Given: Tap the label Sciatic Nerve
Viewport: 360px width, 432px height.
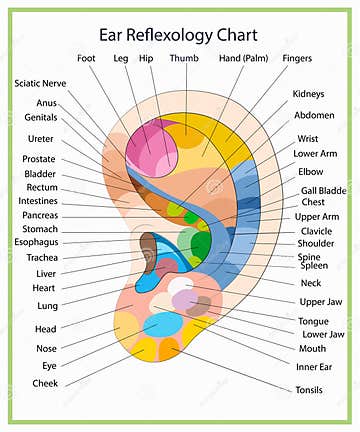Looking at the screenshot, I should coord(40,83).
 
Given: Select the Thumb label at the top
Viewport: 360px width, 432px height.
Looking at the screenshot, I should coord(183,58).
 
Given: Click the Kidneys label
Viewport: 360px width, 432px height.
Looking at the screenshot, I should coord(308,94).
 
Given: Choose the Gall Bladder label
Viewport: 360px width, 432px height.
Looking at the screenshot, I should coord(322,190).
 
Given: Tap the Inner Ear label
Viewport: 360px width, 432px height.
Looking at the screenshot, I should coord(314,366).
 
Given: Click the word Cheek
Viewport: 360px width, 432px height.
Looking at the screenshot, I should coord(44,383).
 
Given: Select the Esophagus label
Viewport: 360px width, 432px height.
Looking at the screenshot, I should coord(36,242).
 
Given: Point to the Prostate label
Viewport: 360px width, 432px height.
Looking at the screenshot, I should coord(39,159).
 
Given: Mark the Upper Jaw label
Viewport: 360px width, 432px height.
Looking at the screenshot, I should coord(320,301).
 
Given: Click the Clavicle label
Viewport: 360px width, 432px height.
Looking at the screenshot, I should coord(317,230).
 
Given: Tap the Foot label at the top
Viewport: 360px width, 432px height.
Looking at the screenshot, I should coord(87,58).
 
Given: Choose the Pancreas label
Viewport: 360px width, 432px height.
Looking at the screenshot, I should coord(39,215).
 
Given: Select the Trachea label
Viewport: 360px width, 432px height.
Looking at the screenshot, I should coord(41,257).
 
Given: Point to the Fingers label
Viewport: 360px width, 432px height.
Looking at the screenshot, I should coord(297,58).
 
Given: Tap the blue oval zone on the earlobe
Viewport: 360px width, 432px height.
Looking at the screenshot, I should coord(162,325).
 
